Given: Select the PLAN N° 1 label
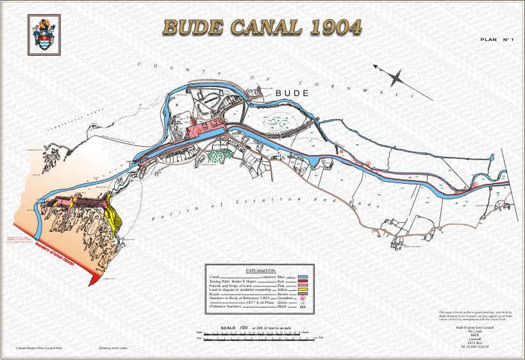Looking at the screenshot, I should coord(498,40).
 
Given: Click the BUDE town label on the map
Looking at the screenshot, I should coord(292,94).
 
